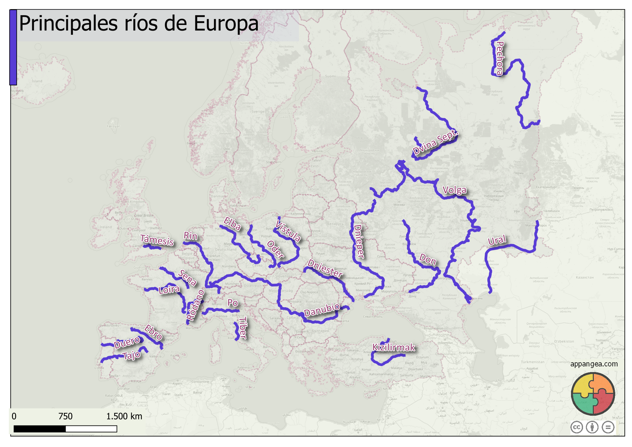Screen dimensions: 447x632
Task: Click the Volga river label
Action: [454, 190]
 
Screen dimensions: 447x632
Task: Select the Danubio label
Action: [322, 310]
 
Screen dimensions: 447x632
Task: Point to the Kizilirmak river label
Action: [393, 347]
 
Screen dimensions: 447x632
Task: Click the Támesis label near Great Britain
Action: [157, 240]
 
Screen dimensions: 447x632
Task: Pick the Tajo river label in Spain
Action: [132, 355]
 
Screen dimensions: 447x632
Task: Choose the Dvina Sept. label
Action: [435, 142]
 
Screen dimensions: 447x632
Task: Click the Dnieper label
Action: [359, 242]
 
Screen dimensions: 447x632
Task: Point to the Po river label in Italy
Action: [233, 303]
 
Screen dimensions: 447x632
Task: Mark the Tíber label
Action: [243, 328]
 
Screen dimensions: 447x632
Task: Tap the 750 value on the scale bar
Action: [65, 416]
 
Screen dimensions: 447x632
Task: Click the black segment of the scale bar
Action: [39, 429]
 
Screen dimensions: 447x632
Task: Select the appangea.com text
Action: [594, 364]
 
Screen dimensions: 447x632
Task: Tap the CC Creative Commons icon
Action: [577, 427]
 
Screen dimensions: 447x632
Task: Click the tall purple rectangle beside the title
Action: [13, 47]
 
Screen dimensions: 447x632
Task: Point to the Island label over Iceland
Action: [37, 81]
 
